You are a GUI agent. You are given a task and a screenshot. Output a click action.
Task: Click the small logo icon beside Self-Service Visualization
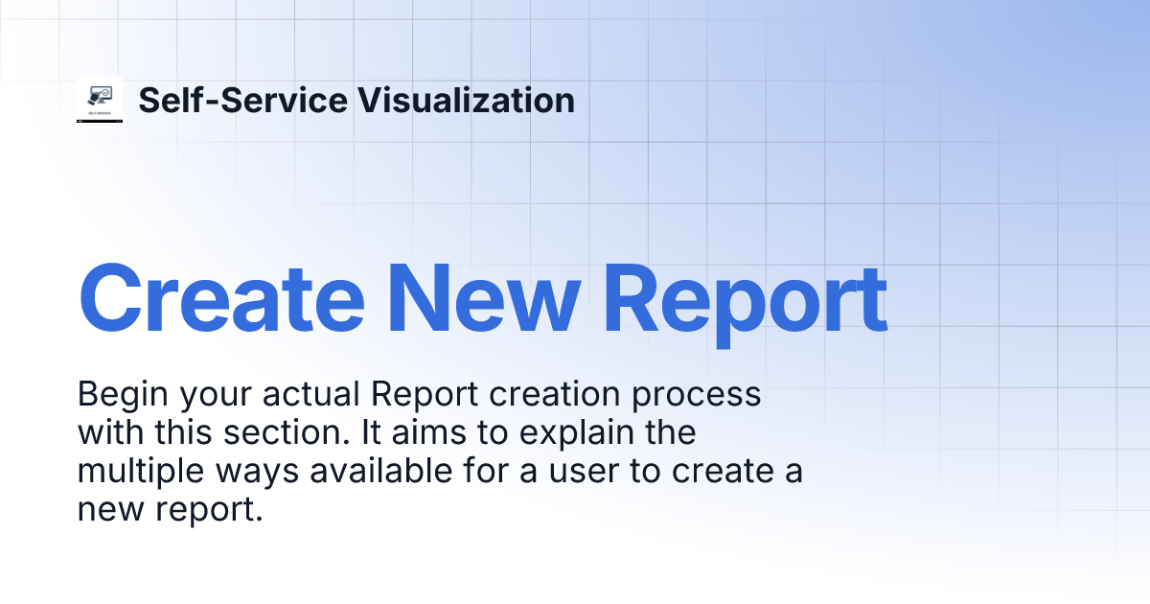coord(100,100)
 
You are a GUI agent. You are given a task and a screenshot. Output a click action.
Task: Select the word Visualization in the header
coord(466,100)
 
